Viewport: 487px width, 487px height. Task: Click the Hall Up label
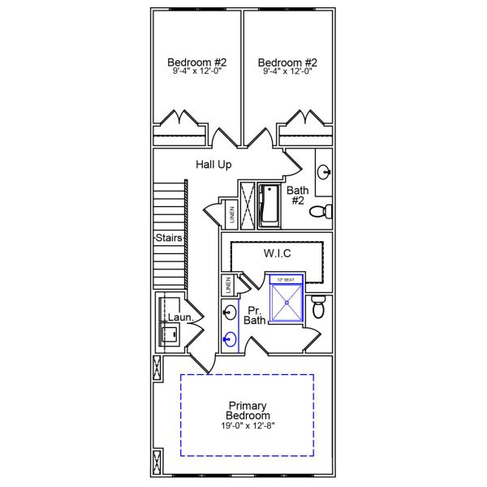[214, 165]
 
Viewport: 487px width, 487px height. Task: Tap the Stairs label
[169, 239]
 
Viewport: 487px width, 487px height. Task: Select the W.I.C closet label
[278, 254]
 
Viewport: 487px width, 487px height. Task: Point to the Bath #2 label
[297, 196]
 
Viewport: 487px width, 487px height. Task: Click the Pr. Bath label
[256, 316]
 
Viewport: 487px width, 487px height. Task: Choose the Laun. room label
[180, 318]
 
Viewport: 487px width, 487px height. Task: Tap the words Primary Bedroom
[248, 411]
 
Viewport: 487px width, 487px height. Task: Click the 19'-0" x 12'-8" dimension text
[248, 426]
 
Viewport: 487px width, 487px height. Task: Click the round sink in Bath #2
[324, 171]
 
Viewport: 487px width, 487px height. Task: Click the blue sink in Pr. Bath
[230, 339]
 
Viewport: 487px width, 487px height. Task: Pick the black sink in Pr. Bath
[230, 312]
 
